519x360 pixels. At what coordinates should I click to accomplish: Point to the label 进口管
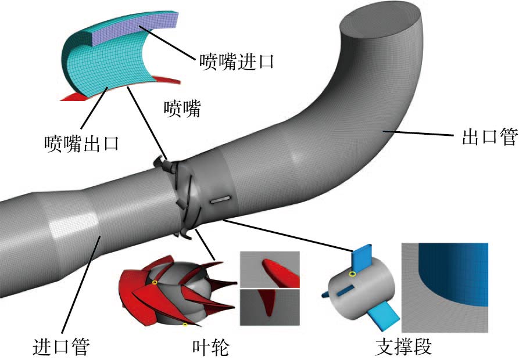coord(60,347)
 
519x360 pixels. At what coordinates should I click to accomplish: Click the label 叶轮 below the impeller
coord(210,347)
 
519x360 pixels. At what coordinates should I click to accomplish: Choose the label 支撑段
coord(405,347)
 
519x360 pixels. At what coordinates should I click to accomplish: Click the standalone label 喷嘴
coord(182,109)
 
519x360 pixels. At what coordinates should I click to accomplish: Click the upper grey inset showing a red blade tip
coord(269,269)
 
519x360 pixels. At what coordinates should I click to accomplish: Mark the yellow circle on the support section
coord(352,273)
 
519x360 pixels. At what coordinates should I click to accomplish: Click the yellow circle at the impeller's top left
coord(155,282)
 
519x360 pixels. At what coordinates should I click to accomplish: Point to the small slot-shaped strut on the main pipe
coord(219,200)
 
